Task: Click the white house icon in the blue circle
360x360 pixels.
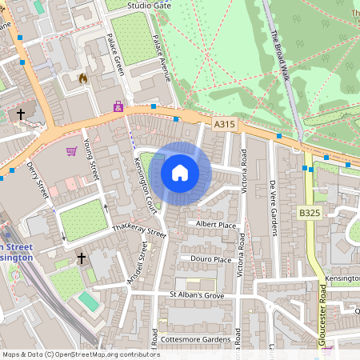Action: tap(180, 172)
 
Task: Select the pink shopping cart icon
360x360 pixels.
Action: tap(72, 150)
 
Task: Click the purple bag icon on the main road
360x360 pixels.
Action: tap(118, 105)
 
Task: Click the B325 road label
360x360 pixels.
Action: tap(310, 212)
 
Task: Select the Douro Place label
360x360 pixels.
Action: tap(211, 259)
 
